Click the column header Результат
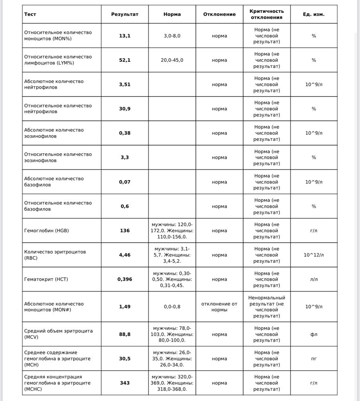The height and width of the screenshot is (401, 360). point(125,14)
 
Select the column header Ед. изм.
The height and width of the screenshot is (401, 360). point(313,14)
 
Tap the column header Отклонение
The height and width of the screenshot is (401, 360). point(219,14)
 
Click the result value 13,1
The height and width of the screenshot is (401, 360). point(125,36)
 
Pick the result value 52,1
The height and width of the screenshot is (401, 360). point(125,60)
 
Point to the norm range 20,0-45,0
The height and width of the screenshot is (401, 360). point(172,60)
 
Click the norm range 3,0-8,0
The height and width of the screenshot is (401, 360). point(172,36)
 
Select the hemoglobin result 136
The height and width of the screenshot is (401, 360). point(125,231)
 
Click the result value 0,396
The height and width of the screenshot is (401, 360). point(125,279)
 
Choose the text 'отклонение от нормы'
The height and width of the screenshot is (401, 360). point(219,307)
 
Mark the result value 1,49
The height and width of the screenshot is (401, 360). point(125,307)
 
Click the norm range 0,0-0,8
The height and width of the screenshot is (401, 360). point(172,307)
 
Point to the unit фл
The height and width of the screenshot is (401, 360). point(313,334)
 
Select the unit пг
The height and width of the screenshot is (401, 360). point(313,359)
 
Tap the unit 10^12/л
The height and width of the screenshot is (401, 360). point(313,255)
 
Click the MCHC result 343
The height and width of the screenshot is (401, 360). point(125,383)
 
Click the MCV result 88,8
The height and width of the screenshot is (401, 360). point(125,334)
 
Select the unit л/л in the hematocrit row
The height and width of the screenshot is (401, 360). point(313,279)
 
